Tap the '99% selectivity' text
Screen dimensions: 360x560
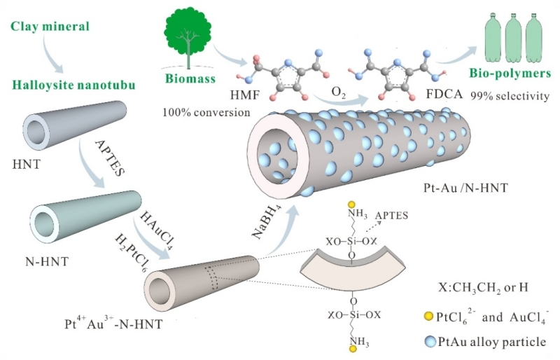pos(509,94)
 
